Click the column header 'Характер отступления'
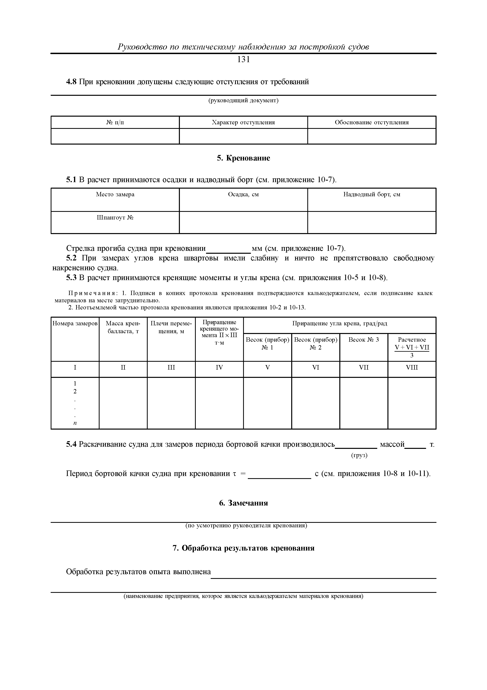pos(243,122)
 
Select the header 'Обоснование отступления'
pos(372,122)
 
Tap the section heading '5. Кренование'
pos(243,158)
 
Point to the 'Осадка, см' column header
pos(243,195)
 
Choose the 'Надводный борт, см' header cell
pos(372,195)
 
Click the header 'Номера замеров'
pos(75,323)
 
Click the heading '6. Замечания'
pos(243,503)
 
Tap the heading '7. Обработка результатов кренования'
pos(243,548)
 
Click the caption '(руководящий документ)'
pos(243,100)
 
